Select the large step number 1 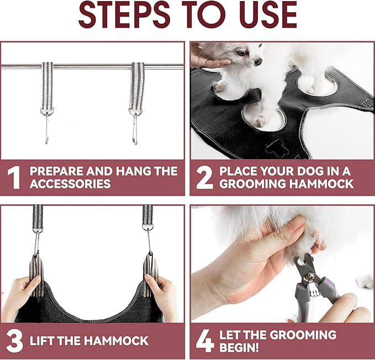[14, 177]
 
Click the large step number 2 [204, 177]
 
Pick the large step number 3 [14, 341]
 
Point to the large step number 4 [204, 341]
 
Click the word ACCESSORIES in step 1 [71, 184]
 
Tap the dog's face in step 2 [246, 55]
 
